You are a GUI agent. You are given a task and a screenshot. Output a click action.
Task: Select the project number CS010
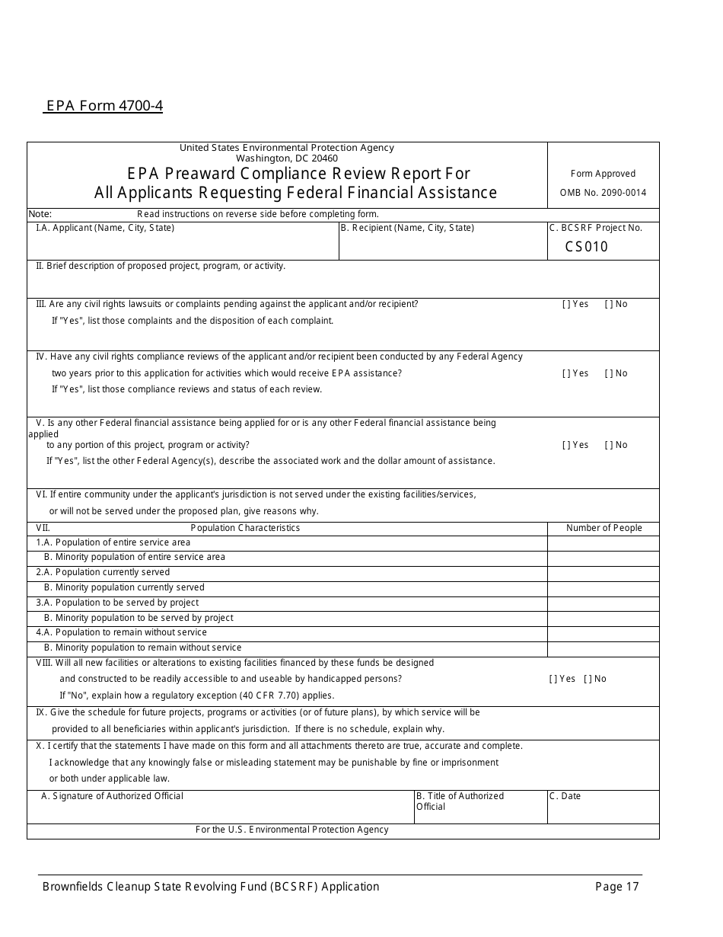click(586, 247)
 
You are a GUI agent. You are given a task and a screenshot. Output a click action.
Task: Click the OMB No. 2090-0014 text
click(603, 193)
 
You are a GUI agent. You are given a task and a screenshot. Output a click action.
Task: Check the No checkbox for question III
click(608, 305)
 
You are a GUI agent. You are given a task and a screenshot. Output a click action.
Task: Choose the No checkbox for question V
click(608, 445)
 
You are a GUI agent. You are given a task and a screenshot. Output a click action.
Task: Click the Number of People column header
click(604, 528)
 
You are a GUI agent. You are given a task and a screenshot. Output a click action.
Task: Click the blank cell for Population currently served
click(603, 573)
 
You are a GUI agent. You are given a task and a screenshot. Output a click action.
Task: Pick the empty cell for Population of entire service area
click(603, 543)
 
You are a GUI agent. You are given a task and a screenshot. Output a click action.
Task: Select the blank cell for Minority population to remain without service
click(603, 648)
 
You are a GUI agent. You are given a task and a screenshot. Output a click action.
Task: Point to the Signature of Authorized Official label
click(112, 796)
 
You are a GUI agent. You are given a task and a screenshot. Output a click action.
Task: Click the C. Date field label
click(565, 796)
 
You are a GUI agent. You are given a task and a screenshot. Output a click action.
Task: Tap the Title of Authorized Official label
click(460, 801)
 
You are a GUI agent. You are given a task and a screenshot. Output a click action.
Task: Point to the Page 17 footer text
click(617, 887)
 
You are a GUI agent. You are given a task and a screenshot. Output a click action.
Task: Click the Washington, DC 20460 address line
click(287, 158)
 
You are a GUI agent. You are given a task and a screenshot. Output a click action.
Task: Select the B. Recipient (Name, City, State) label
click(407, 228)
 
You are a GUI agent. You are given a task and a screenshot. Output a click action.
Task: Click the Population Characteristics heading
click(245, 528)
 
